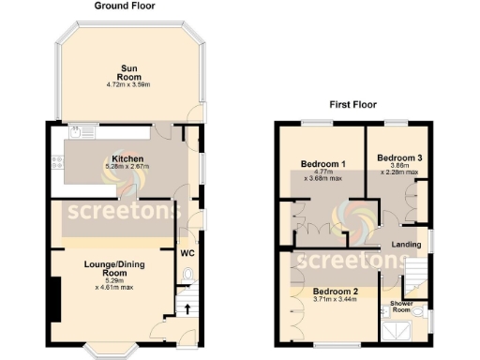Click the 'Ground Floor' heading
(x=125, y=6)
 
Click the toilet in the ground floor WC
(x=188, y=274)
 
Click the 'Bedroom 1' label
(x=319, y=164)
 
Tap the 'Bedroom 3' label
(x=390, y=159)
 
